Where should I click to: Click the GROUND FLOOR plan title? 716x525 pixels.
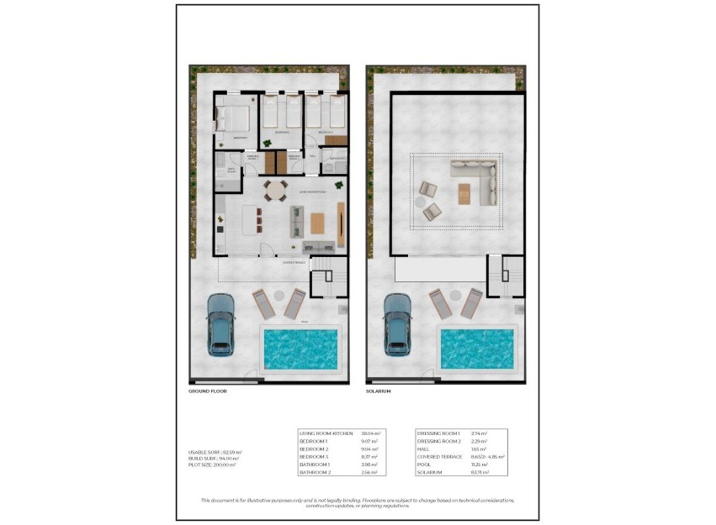[208, 391]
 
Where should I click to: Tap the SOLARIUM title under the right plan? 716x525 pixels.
[379, 391]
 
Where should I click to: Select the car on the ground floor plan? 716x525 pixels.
[221, 323]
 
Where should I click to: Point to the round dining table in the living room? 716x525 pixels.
[275, 190]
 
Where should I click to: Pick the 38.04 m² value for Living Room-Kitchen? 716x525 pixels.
[372, 433]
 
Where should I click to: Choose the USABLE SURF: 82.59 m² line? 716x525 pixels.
[215, 452]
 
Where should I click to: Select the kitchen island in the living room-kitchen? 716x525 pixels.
[250, 220]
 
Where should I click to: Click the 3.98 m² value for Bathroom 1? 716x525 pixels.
[369, 465]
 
